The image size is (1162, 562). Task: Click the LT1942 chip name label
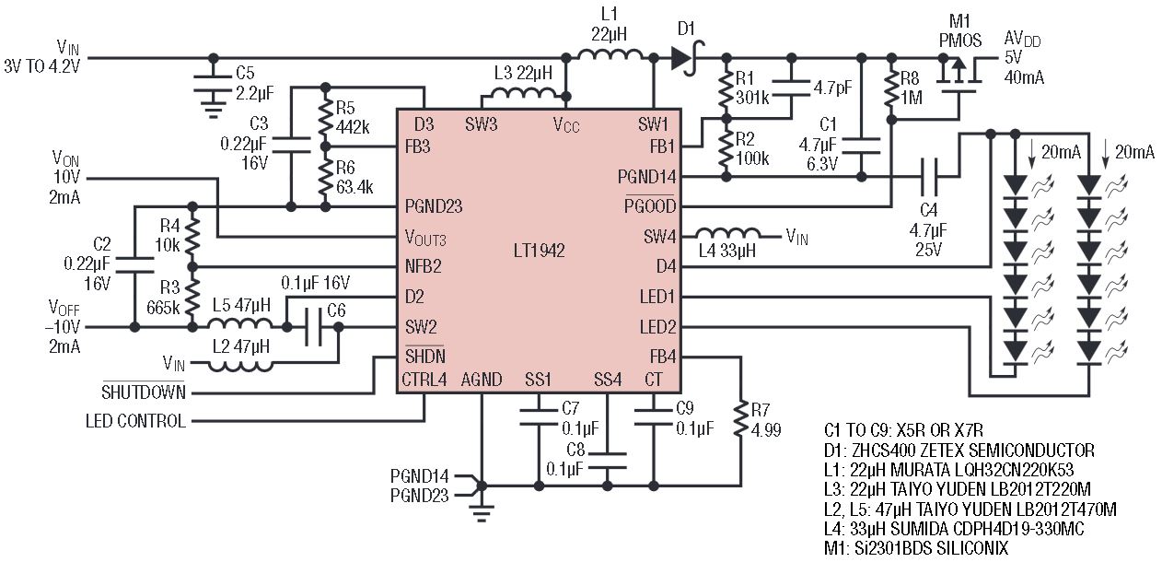point(539,251)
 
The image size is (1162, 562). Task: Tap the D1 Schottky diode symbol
point(682,58)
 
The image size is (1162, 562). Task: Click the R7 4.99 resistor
point(741,420)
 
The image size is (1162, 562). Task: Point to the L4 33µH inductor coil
point(727,235)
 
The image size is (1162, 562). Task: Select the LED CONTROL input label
point(135,421)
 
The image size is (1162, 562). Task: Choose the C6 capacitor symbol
point(314,327)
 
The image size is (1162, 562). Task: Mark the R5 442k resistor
point(324,117)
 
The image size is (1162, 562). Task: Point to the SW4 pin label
point(659,237)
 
